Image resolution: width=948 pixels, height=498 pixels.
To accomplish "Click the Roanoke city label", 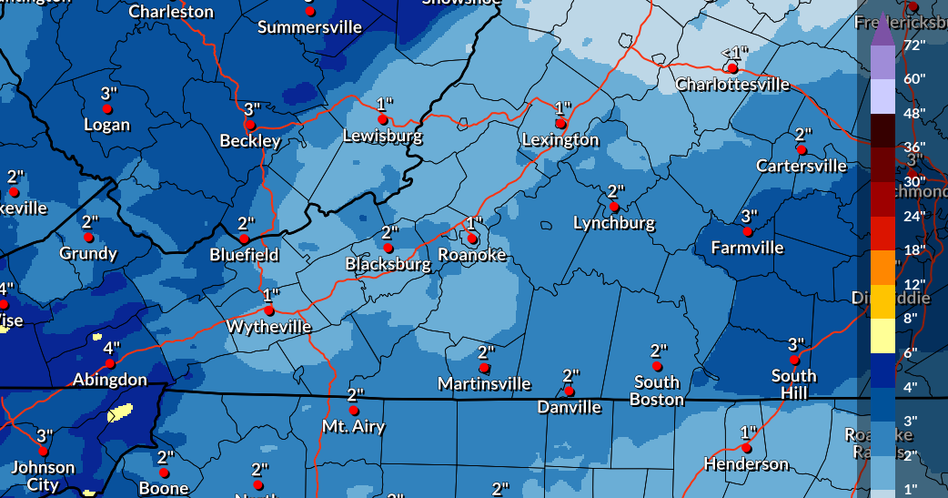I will click(472, 255).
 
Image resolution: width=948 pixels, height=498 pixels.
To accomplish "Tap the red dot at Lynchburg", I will click(614, 208).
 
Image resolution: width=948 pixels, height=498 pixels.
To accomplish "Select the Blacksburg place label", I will click(388, 264).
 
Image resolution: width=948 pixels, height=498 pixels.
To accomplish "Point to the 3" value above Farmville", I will click(749, 217).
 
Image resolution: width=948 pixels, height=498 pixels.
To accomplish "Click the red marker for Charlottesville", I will click(732, 68).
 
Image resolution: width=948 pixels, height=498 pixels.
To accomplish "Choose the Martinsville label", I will click(484, 383).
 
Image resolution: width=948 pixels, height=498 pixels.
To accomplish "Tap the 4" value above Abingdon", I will click(111, 348).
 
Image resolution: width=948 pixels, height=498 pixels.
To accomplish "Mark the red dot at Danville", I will click(570, 391).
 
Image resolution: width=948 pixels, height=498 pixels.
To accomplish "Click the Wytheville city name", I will click(268, 326).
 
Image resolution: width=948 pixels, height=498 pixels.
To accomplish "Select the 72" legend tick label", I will click(914, 45).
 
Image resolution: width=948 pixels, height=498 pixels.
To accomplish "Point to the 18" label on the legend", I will click(914, 249).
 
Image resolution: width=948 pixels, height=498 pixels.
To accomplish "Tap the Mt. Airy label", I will click(354, 426).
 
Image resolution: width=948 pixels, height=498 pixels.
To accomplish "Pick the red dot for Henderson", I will click(746, 448).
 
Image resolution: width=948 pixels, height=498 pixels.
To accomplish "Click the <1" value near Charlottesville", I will click(733, 53).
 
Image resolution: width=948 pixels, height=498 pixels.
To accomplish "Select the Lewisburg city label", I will click(382, 137).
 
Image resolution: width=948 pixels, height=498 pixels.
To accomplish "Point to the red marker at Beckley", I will click(250, 124).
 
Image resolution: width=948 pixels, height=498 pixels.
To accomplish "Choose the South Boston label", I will click(657, 391).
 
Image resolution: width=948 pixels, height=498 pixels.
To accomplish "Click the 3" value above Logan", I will click(109, 93).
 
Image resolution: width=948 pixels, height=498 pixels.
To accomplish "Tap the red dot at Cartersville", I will click(802, 149).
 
